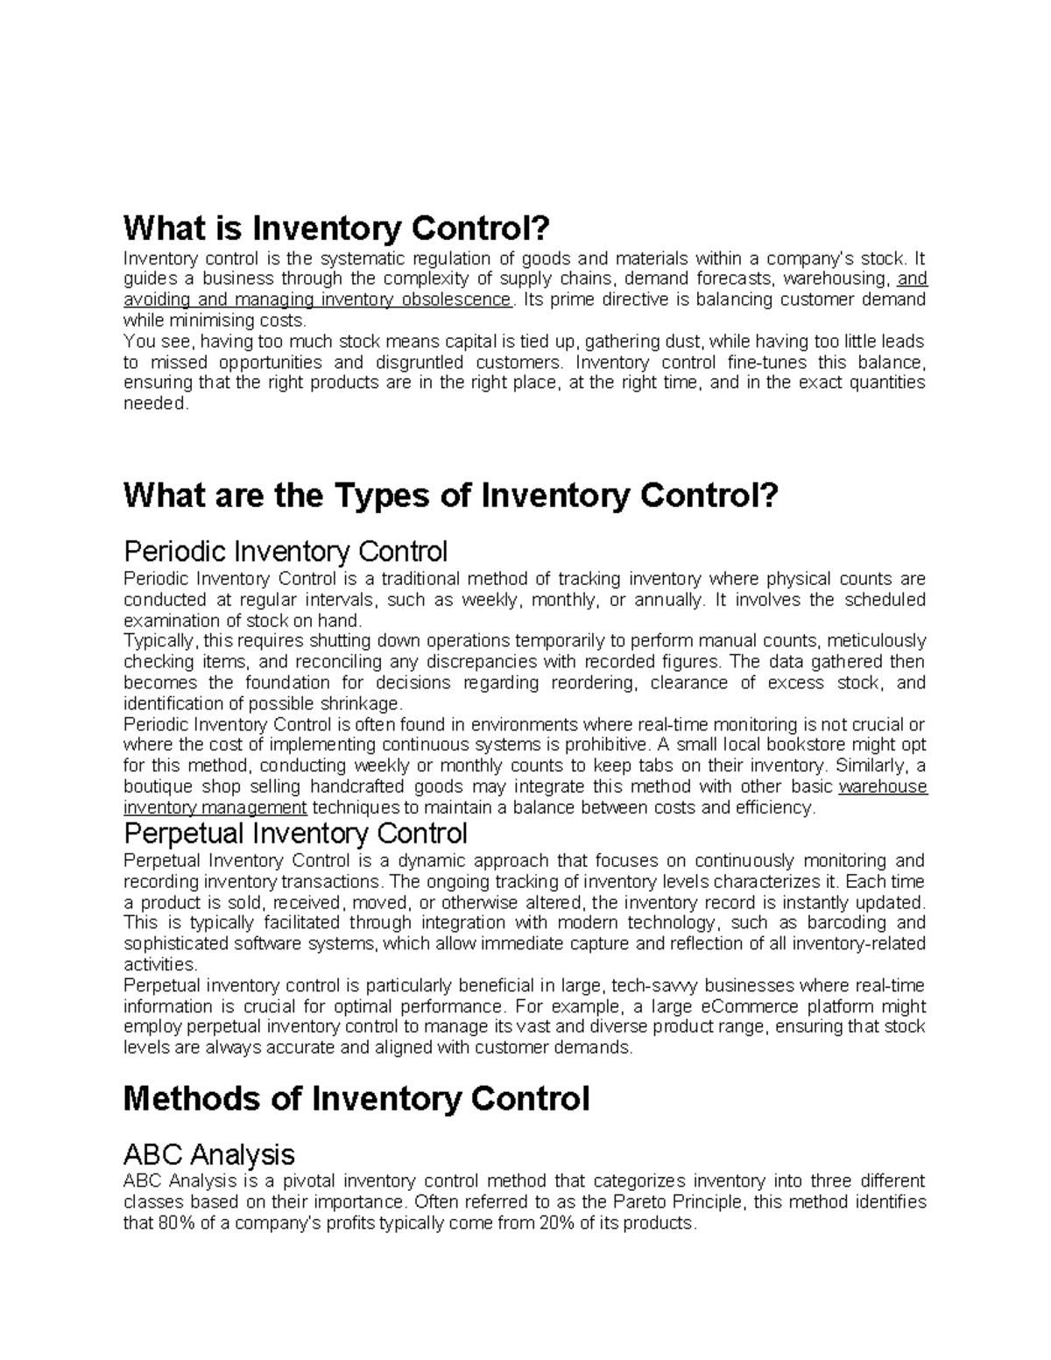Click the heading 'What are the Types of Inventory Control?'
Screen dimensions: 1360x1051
450,497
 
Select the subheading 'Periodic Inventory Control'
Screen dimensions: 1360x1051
286,552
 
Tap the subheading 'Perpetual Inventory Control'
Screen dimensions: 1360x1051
296,832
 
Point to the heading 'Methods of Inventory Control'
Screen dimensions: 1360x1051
356,1098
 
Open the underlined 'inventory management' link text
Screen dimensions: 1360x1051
215,807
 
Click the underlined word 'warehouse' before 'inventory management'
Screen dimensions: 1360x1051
883,786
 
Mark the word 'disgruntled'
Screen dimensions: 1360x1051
418,363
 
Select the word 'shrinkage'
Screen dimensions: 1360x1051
363,704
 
